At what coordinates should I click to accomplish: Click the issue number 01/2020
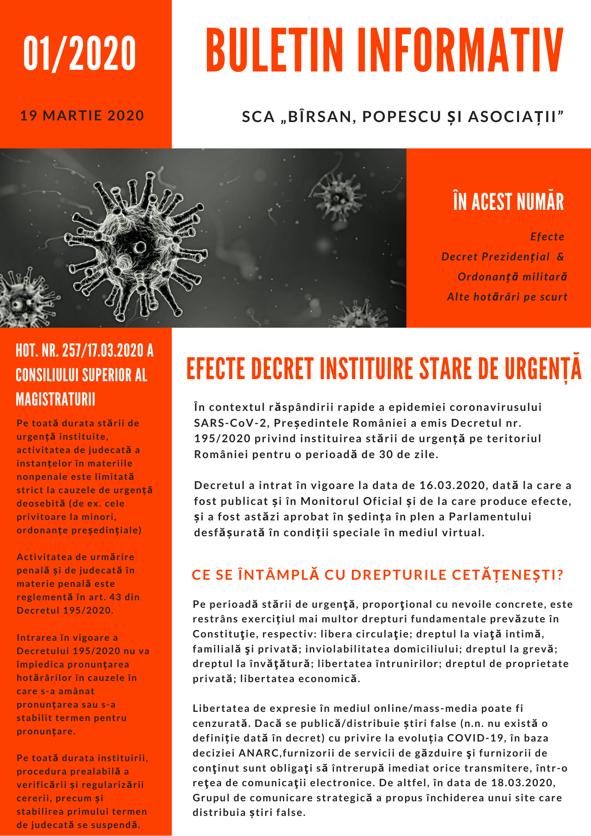[80, 54]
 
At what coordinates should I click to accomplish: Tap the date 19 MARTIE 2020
[82, 115]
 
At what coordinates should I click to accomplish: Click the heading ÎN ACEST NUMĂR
[508, 202]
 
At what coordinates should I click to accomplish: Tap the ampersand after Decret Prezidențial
[560, 257]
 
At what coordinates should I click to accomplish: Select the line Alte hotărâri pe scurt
[507, 297]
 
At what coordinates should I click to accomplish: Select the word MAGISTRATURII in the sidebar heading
[56, 400]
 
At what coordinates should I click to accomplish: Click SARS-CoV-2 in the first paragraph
[230, 423]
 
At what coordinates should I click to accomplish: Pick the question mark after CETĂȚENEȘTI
[560, 575]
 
